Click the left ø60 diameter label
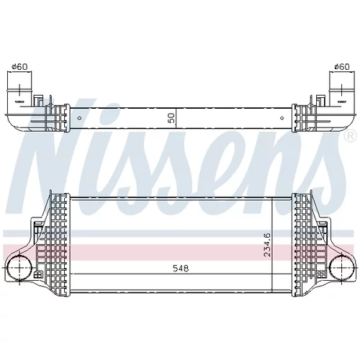(x=19, y=66)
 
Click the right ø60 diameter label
(x=342, y=66)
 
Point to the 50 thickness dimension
(x=172, y=118)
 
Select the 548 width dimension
(x=181, y=268)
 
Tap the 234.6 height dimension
(x=267, y=245)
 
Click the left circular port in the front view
(x=19, y=268)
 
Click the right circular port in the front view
(x=342, y=268)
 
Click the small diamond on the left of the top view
(x=80, y=118)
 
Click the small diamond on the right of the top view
(x=282, y=118)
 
